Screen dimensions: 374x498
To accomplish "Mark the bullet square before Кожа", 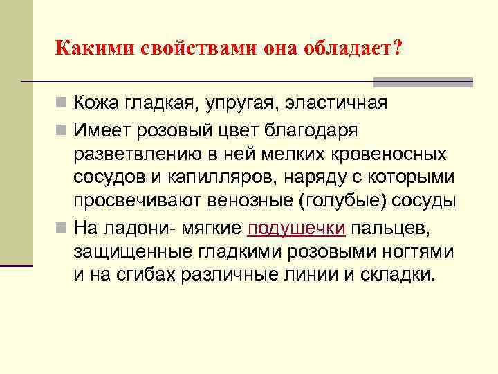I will (x=62, y=105).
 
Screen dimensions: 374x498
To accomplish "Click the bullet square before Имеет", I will (x=62, y=130).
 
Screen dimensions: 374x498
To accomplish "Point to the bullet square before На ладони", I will (x=62, y=227).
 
